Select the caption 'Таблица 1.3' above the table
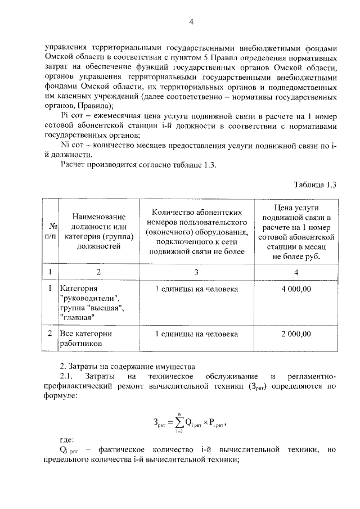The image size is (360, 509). click(314, 185)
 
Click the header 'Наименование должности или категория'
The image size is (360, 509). click(98, 231)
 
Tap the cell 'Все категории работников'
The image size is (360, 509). click(86, 338)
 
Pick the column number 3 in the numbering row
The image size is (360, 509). click(197, 272)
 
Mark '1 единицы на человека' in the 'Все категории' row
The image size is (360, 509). click(197, 334)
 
